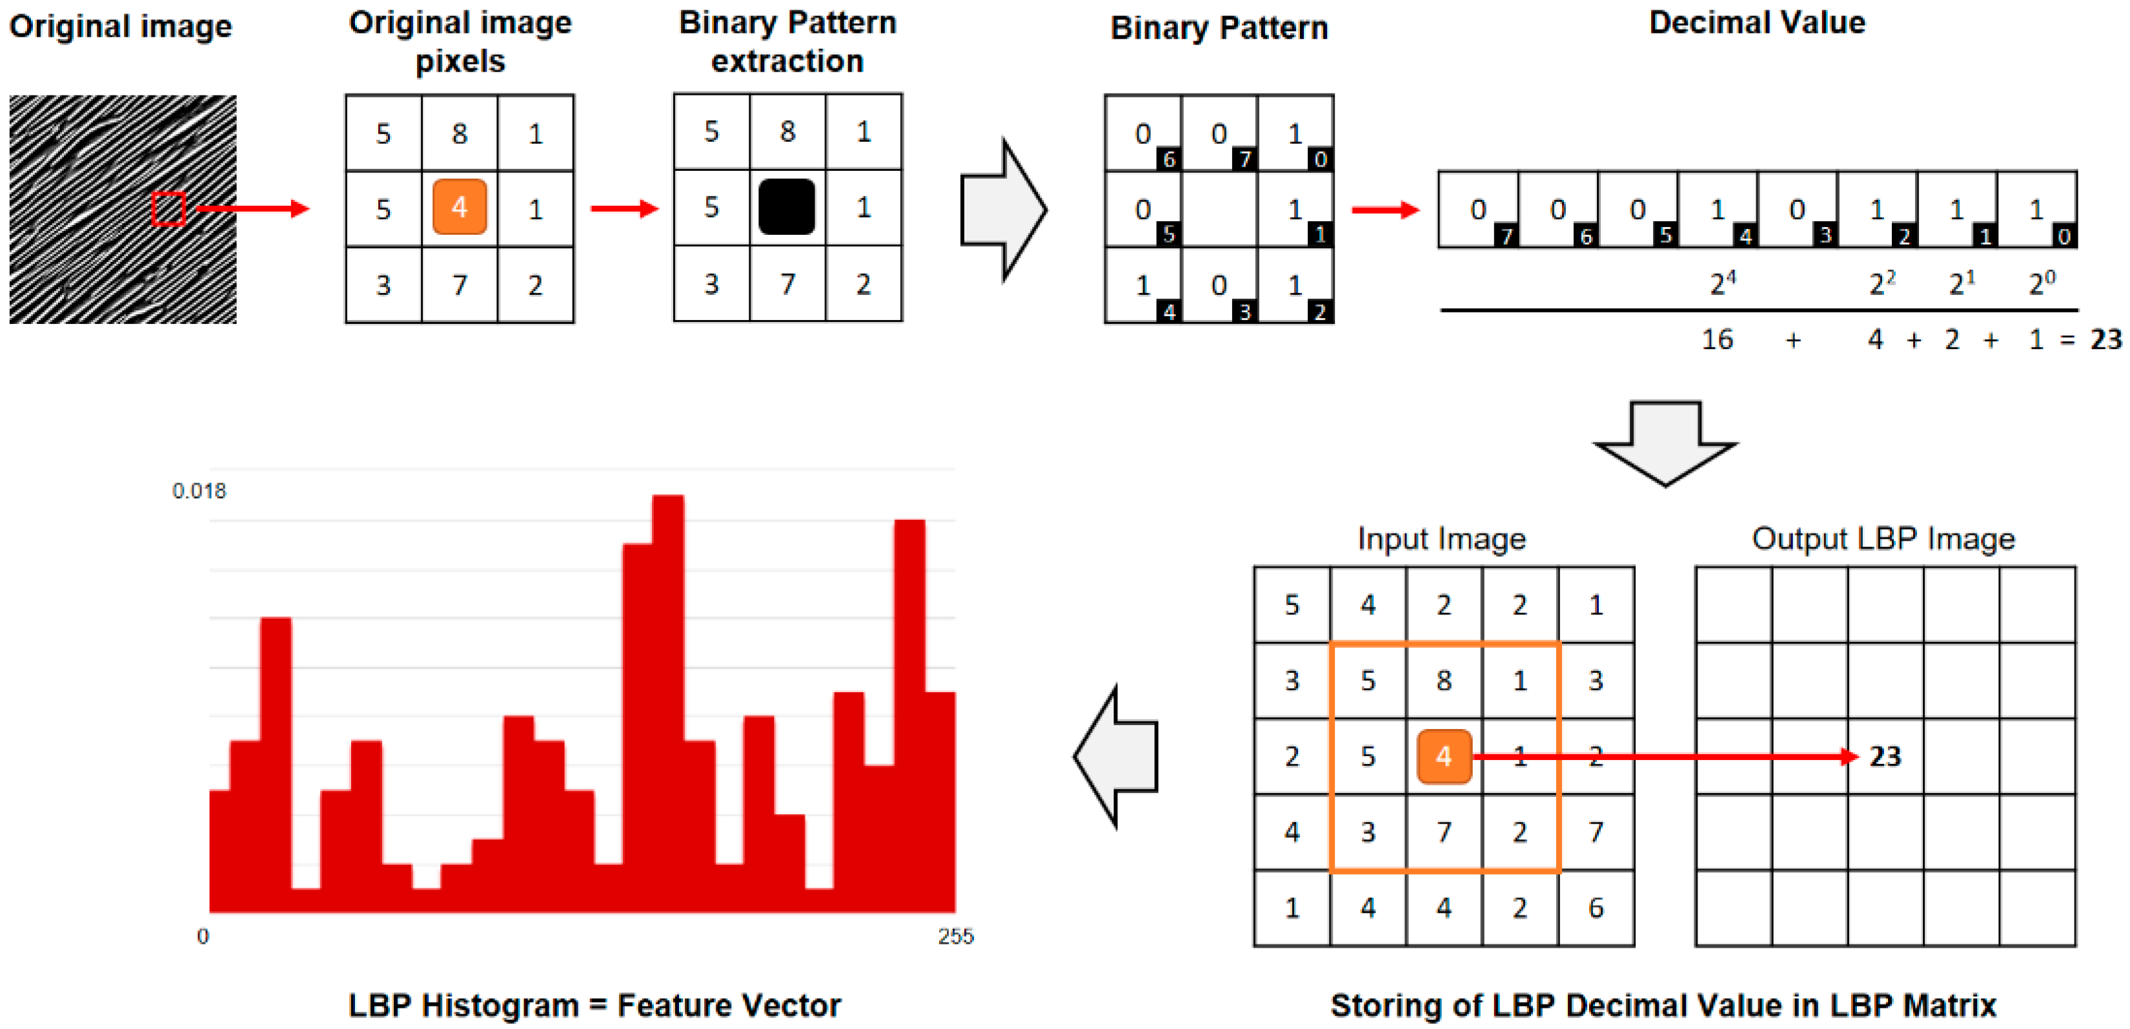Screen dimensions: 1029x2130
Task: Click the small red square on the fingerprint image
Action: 168,208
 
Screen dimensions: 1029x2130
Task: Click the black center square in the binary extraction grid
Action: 786,206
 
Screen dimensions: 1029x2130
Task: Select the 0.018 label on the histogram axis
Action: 198,491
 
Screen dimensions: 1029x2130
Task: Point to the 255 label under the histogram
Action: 956,937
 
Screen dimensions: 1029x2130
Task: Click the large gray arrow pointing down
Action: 1665,442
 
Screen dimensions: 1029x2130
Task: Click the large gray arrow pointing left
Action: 1117,756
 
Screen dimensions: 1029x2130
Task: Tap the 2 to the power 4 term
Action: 1722,283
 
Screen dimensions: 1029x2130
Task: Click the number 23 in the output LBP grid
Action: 1885,756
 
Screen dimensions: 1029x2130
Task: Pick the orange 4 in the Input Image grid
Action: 1444,756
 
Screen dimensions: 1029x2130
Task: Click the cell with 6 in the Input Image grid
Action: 1596,908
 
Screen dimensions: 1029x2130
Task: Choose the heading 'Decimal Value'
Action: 1757,23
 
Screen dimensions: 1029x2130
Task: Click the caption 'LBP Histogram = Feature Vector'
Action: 594,1005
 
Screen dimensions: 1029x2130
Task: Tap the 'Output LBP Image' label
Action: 1883,539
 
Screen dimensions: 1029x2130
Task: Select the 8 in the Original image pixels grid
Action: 460,133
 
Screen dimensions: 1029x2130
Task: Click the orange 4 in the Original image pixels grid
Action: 460,206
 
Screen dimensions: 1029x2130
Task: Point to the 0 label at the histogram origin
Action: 203,937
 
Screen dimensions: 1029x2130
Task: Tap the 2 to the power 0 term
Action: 2042,283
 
